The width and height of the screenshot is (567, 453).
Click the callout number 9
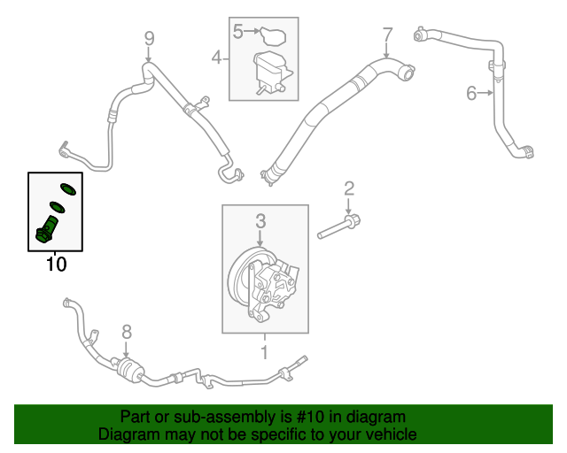click(149, 37)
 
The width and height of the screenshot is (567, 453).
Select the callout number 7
click(386, 35)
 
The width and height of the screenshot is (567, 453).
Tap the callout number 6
click(471, 92)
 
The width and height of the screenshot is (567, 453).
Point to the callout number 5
click(237, 32)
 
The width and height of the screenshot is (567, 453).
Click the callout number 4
click(215, 58)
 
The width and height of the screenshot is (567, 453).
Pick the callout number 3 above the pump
click(260, 219)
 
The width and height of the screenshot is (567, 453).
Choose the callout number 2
click(348, 187)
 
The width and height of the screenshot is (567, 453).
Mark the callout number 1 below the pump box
click(263, 352)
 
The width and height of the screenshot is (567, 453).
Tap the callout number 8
click(127, 332)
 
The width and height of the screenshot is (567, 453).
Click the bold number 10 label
click(56, 264)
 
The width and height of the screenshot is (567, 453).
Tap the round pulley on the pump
click(241, 278)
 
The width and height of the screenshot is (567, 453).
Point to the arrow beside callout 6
click(486, 92)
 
